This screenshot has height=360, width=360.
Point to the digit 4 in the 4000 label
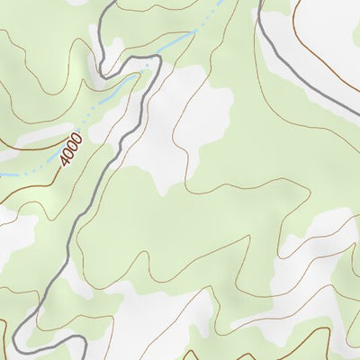click(64, 161)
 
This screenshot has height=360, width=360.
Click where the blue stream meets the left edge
click(2, 175)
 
